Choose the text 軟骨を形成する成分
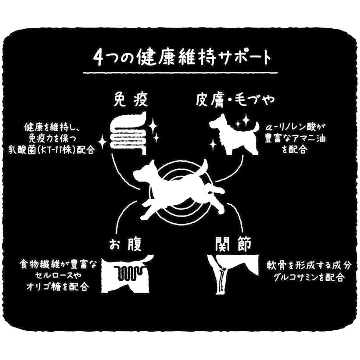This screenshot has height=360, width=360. (x=305, y=265)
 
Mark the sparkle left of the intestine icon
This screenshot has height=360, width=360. (x=103, y=140)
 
